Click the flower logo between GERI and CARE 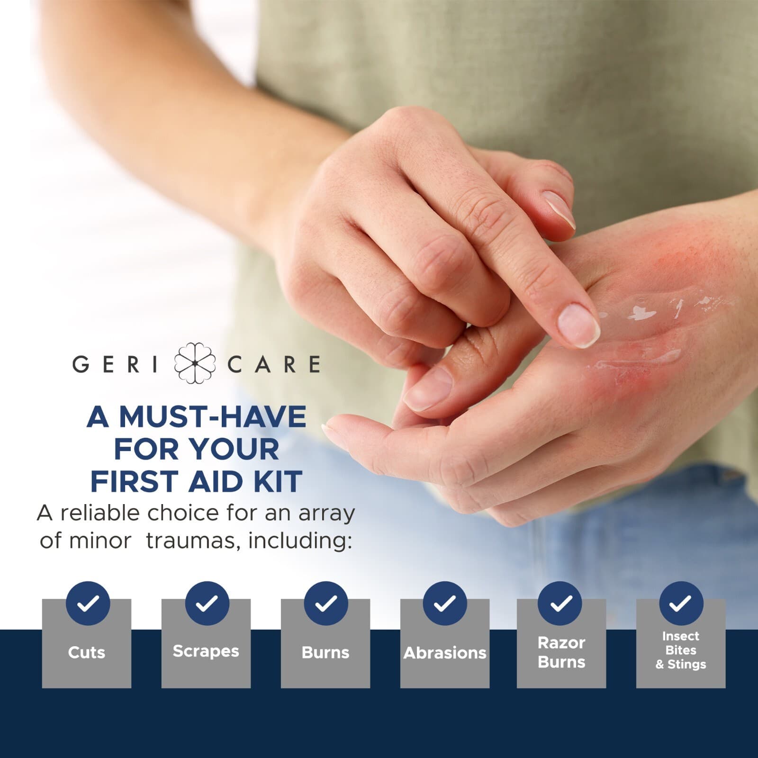pyautogui.click(x=195, y=363)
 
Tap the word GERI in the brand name pyautogui.click(x=115, y=364)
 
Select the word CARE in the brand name pyautogui.click(x=274, y=364)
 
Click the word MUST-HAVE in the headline pyautogui.click(x=212, y=417)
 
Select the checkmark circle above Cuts pyautogui.click(x=88, y=604)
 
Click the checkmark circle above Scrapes pyautogui.click(x=207, y=604)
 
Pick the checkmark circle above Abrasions pyautogui.click(x=445, y=604)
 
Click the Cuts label pyautogui.click(x=86, y=652)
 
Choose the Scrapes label pyautogui.click(x=206, y=651)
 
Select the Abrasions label pyautogui.click(x=445, y=653)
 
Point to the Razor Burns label pyautogui.click(x=561, y=652)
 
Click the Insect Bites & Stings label pyautogui.click(x=681, y=650)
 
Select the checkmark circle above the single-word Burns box pyautogui.click(x=326, y=604)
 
